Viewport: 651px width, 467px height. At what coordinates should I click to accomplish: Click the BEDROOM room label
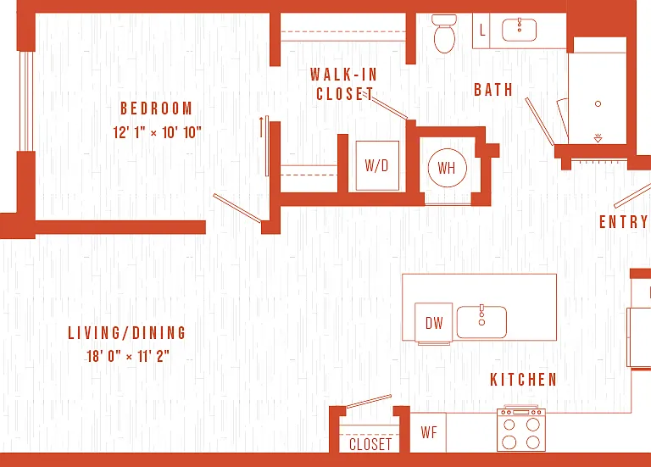157,108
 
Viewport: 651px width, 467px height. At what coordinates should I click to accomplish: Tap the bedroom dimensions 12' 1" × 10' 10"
158,132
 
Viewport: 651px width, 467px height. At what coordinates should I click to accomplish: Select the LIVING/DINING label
127,333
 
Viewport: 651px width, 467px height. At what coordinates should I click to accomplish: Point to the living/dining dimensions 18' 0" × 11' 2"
128,356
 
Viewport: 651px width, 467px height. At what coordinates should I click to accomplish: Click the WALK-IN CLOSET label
344,84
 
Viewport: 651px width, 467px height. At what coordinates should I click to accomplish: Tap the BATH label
493,90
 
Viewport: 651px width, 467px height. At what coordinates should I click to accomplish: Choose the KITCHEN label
524,380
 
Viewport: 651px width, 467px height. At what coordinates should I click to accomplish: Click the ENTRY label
624,222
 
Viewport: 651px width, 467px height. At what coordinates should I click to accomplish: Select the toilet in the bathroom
444,34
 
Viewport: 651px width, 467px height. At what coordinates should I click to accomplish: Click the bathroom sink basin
519,30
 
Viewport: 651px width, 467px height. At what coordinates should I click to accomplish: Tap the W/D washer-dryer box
377,165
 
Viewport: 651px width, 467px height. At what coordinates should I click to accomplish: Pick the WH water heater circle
448,168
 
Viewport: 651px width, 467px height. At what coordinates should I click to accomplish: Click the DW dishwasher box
434,323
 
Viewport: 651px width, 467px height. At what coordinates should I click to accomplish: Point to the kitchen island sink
481,322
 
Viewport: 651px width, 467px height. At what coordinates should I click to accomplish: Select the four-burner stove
521,429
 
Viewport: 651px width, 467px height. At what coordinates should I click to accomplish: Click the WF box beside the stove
428,432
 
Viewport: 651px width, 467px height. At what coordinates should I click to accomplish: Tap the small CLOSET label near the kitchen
370,444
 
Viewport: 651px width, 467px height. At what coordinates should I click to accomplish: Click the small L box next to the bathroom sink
481,31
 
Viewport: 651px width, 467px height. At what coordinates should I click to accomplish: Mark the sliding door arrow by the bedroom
261,127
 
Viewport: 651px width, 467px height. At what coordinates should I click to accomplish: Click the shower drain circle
598,103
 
